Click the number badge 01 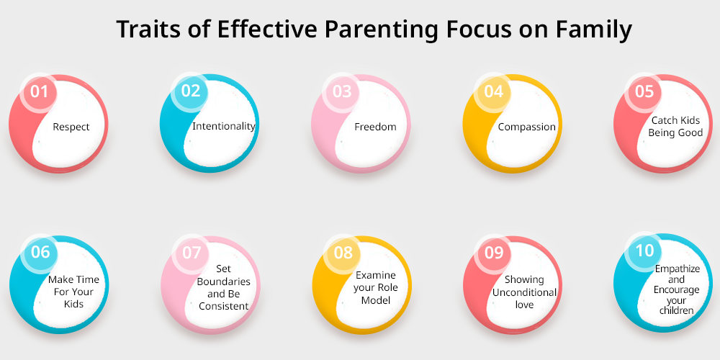point(39,92)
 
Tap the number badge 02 point(190,91)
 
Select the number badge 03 point(341,91)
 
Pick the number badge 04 point(492,91)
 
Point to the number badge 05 point(644,91)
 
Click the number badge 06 point(40,252)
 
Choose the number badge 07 point(191,253)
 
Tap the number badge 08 point(343,253)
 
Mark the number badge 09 point(494,253)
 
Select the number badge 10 point(644,251)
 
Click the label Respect point(71,127)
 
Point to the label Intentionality point(224,126)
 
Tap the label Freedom point(375,127)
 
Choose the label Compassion point(527,127)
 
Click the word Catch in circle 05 point(662,120)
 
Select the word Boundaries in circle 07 point(224,282)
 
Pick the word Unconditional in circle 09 point(524,292)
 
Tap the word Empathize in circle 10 point(678,269)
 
